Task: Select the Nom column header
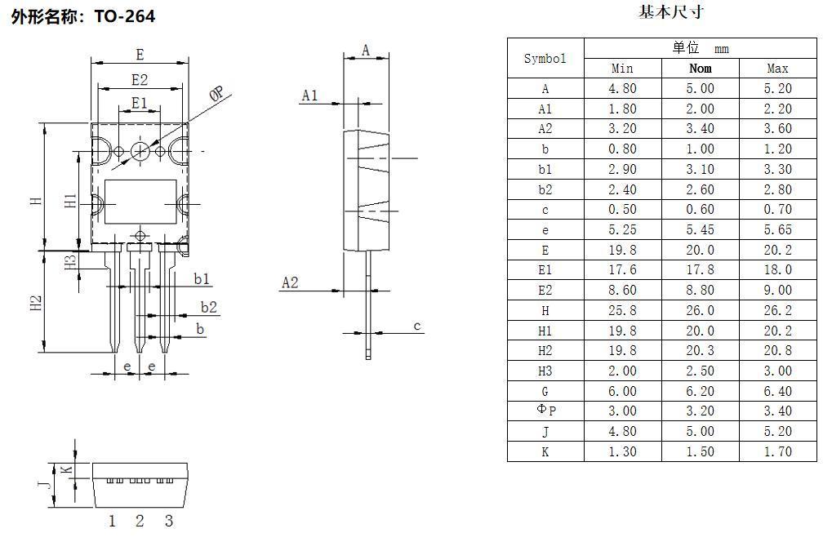tap(700, 69)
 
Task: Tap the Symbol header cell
tap(545, 59)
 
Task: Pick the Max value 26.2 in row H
tap(777, 310)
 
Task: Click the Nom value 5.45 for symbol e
tap(700, 230)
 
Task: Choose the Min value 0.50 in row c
tap(622, 210)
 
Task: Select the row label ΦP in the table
tap(545, 411)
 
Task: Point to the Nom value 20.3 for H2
tap(700, 351)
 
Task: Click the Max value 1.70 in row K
tap(777, 451)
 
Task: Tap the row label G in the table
tap(545, 391)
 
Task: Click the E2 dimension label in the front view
tap(140, 79)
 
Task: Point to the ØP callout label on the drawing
tap(216, 95)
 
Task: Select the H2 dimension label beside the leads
tap(36, 303)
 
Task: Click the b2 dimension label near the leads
tap(209, 307)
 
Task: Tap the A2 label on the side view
tap(290, 282)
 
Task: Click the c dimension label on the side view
tap(416, 327)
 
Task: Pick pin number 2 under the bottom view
tap(140, 521)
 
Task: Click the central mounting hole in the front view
tap(140, 150)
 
